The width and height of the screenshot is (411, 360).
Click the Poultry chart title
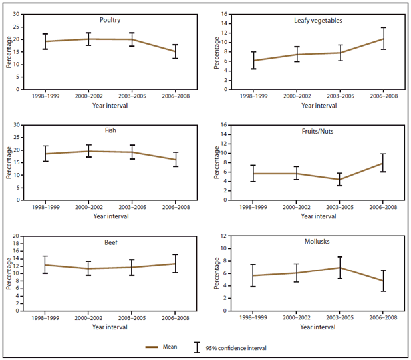tap(109, 20)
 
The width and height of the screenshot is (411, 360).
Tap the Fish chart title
tap(109, 131)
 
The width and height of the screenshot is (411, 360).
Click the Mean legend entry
tap(169, 347)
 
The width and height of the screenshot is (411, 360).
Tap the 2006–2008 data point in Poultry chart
tap(175, 51)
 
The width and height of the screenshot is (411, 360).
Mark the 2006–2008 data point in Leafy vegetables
tap(383, 39)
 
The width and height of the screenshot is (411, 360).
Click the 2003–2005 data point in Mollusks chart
tap(340, 268)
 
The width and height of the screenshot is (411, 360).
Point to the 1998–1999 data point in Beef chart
tap(45, 265)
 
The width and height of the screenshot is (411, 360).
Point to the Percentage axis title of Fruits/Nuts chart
tap(216, 164)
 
